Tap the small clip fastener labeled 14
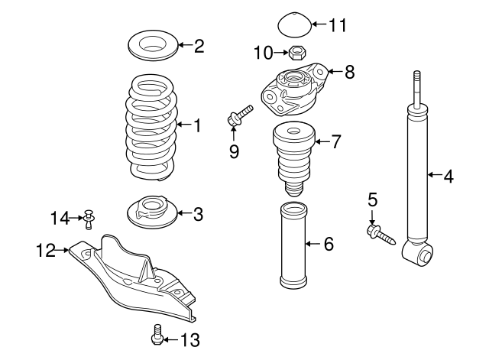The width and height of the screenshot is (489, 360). pos(89,219)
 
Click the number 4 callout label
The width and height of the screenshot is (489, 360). pos(449,177)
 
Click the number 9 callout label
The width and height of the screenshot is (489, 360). pos(234,151)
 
